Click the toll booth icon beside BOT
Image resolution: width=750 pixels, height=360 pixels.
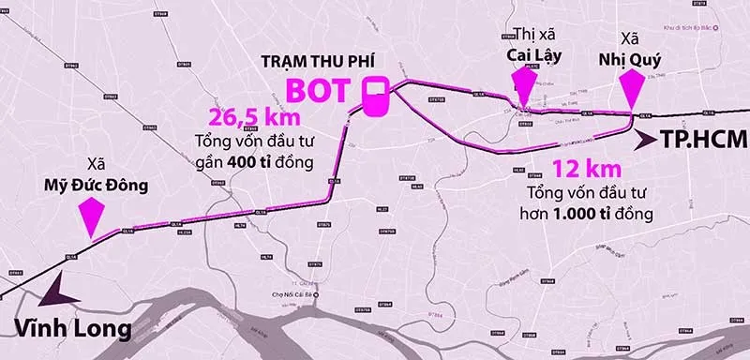[375, 96]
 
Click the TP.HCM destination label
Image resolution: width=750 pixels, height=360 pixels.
[703, 141]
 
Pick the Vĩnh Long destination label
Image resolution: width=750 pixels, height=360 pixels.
[79, 328]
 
